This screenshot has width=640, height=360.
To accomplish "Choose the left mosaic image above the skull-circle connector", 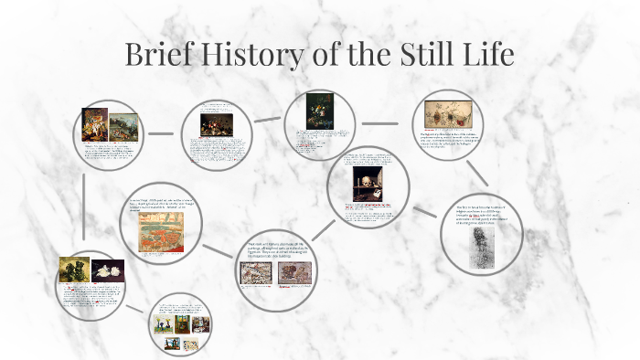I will click(x=255, y=272).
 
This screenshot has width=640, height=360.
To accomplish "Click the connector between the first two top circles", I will click(x=162, y=133).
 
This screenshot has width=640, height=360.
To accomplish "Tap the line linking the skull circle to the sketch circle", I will click(x=425, y=211).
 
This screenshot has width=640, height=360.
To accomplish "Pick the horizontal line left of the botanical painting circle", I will click(x=385, y=122).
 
